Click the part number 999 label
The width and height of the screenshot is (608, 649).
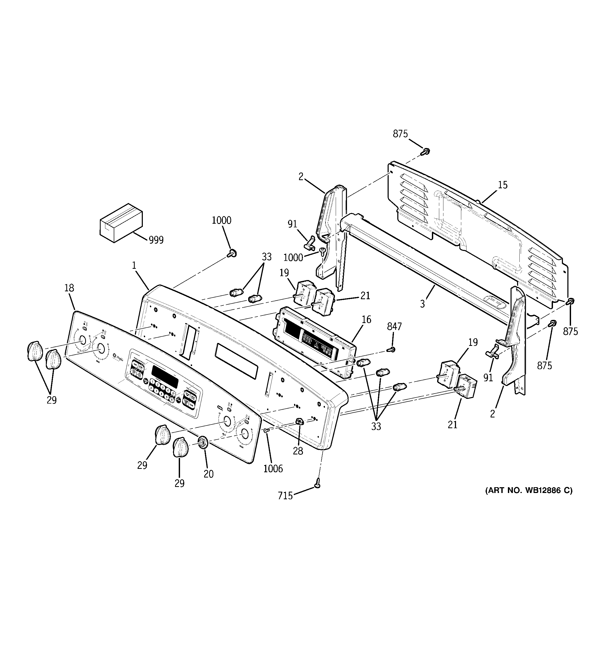(156, 240)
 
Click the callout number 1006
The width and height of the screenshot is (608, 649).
(273, 469)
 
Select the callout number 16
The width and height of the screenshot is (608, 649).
(366, 319)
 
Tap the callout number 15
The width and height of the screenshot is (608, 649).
(503, 185)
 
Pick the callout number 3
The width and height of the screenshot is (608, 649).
(422, 304)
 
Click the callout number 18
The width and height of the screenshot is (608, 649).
(69, 288)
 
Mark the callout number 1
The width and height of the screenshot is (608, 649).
(134, 265)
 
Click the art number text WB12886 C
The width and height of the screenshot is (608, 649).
(528, 500)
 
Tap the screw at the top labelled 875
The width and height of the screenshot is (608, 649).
(425, 151)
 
